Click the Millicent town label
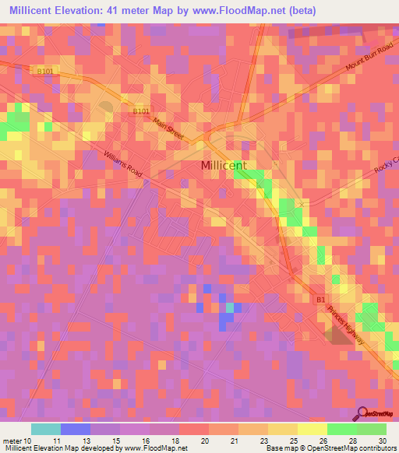pyautogui.click(x=224, y=165)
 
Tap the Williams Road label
pyautogui.click(x=122, y=164)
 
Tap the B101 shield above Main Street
pyautogui.click(x=140, y=111)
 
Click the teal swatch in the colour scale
pyautogui.click(x=45, y=429)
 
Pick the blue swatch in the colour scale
pyautogui.click(x=75, y=429)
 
